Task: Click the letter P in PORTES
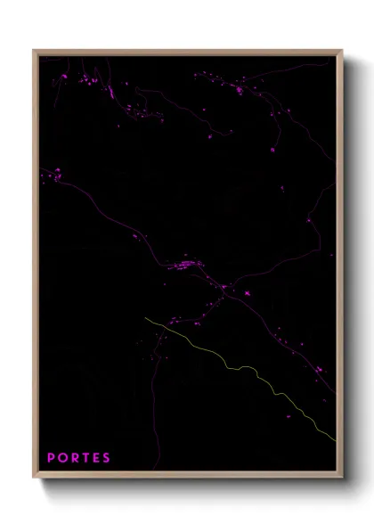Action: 51,458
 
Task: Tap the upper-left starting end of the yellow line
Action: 145,317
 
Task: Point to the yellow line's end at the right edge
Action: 335,438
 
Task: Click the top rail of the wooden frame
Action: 187,52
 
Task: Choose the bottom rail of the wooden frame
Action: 187,478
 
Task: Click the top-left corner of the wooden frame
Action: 36,52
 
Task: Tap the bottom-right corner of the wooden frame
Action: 339,478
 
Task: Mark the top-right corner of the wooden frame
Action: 339,52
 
